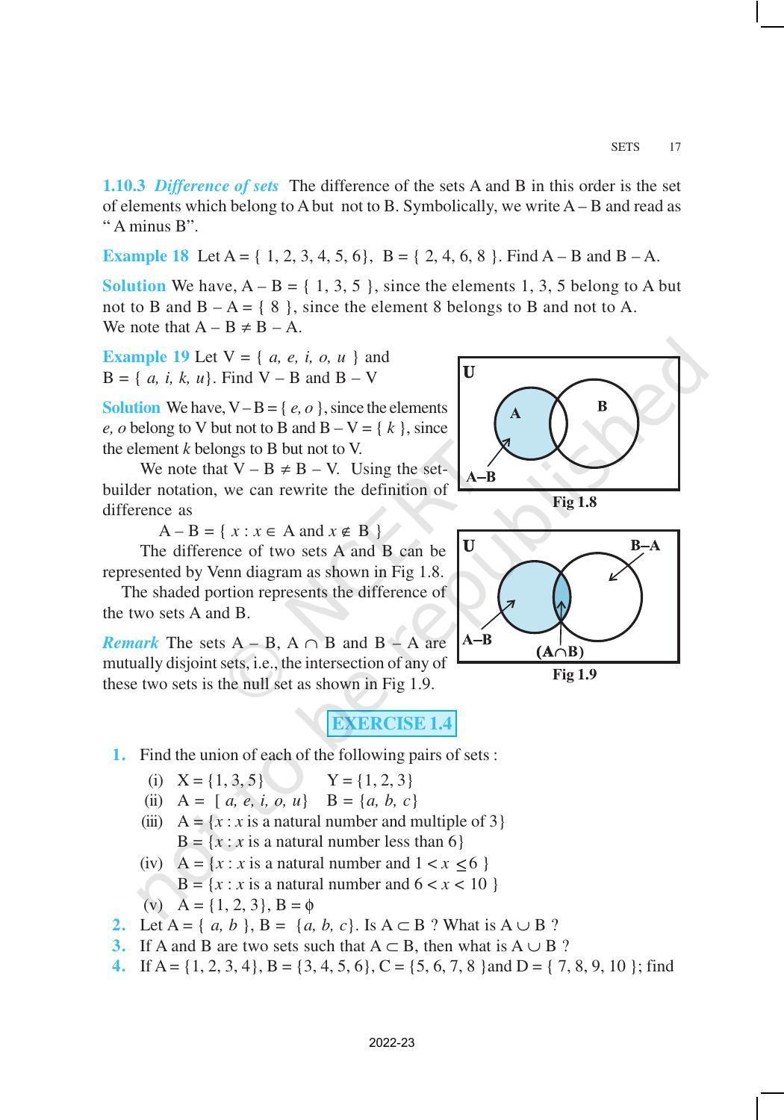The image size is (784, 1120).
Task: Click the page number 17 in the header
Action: [674, 147]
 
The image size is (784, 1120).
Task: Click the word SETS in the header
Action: [625, 147]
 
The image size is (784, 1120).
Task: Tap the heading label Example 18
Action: [146, 256]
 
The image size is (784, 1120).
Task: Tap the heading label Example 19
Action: [146, 357]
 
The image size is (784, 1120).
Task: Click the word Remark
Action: [131, 643]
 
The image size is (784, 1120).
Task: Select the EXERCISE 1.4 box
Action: [391, 724]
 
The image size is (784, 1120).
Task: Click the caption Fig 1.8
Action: [574, 503]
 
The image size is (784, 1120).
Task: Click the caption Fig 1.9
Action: [574, 675]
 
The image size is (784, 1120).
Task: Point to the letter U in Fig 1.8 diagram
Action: [469, 372]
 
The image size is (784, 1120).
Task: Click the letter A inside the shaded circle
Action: [515, 413]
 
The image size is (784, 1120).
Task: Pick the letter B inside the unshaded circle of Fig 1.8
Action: [602, 406]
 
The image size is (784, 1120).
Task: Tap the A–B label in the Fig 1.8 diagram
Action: [481, 477]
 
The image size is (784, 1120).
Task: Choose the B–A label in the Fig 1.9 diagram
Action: [645, 546]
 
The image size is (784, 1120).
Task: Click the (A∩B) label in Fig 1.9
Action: [560, 652]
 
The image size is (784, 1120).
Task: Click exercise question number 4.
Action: [118, 966]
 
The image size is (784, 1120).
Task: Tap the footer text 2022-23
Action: [391, 1042]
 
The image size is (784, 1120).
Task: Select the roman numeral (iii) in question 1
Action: [152, 821]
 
